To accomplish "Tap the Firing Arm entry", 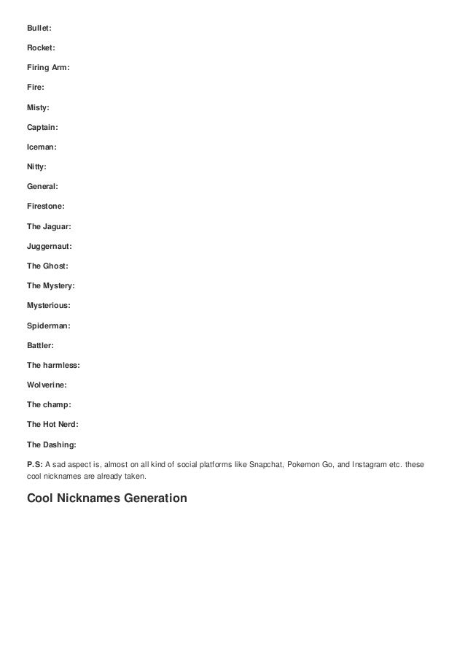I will click(x=48, y=67).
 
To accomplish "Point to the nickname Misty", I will click(x=38, y=107).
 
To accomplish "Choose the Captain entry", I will click(x=42, y=127).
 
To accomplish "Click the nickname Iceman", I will click(x=42, y=147).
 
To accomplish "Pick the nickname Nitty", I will click(x=36, y=166).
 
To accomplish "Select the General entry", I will click(x=42, y=186).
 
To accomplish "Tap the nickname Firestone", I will click(x=45, y=206).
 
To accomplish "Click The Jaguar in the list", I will click(x=49, y=226).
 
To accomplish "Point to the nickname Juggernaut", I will click(x=50, y=246).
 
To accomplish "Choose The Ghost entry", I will click(x=47, y=266).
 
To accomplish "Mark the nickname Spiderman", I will click(x=49, y=325).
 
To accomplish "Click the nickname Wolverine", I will click(x=47, y=384).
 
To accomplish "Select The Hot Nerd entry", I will click(x=52, y=424).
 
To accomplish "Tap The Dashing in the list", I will click(x=51, y=444).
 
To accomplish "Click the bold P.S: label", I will click(x=35, y=463).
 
